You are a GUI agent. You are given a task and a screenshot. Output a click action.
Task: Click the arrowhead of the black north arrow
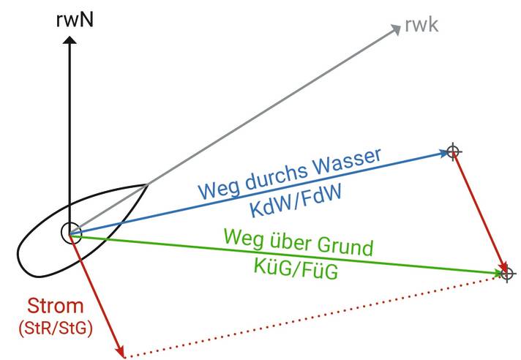coord(70,43)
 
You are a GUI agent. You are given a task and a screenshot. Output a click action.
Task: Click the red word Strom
coord(56,306)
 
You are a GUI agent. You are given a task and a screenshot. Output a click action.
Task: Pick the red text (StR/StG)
coord(56,329)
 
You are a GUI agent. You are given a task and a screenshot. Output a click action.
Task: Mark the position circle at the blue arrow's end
coord(454,151)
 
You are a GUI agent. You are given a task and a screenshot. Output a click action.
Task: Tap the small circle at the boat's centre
coord(70,233)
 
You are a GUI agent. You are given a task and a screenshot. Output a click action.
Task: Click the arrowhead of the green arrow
coord(497,273)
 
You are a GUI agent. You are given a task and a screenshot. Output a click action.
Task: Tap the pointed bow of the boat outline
coord(149,183)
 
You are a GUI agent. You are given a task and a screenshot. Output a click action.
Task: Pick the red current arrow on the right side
coord(480,212)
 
